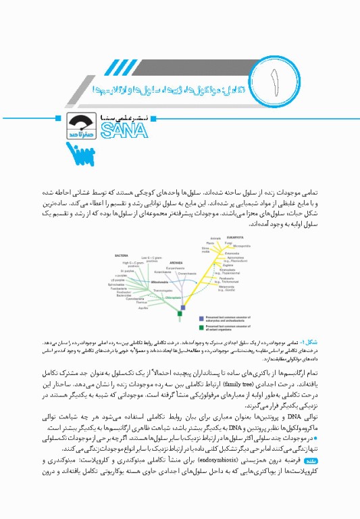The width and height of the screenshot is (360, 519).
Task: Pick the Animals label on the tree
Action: (x=215, y=239)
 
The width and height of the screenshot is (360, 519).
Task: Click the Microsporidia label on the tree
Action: (x=240, y=247)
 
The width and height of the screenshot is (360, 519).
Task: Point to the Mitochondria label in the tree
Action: (x=159, y=281)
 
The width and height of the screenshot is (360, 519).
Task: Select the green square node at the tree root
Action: (x=180, y=314)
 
